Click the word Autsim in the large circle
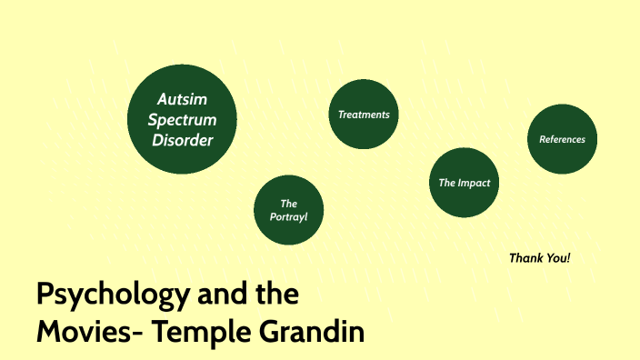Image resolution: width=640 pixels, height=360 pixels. [183, 99]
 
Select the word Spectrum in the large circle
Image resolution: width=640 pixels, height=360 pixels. [183, 120]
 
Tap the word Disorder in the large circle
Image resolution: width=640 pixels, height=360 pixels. [183, 141]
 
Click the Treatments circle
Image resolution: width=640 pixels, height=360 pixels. [364, 115]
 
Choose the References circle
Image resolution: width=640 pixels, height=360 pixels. [562, 139]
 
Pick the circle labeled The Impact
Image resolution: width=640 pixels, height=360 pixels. [464, 183]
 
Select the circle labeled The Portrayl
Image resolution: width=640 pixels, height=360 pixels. [289, 210]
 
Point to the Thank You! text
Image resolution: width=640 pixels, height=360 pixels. [540, 258]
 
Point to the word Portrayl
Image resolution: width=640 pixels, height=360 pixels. [289, 218]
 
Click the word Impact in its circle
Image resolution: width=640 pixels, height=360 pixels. [475, 183]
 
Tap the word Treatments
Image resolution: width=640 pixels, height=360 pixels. [364, 115]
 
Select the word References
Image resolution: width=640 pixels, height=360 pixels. [562, 139]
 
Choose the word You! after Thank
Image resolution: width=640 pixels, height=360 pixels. [557, 258]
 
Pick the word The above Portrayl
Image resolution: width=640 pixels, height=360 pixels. [289, 204]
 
